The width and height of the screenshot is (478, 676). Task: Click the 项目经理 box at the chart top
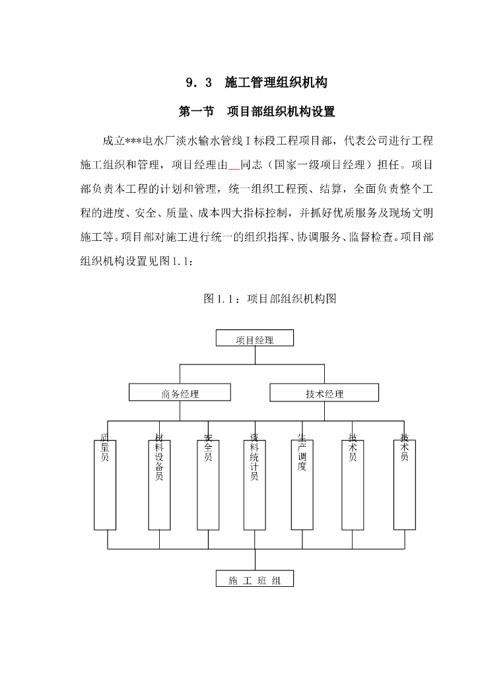255,339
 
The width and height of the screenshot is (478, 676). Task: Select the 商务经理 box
180,393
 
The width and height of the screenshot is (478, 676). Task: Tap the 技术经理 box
324,393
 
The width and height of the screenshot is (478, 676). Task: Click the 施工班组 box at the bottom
255,580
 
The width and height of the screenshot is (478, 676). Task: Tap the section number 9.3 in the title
199,83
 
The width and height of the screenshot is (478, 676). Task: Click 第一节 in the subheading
197,112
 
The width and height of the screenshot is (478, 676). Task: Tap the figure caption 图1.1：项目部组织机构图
270,298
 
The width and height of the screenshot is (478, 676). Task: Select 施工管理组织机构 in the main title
276,83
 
